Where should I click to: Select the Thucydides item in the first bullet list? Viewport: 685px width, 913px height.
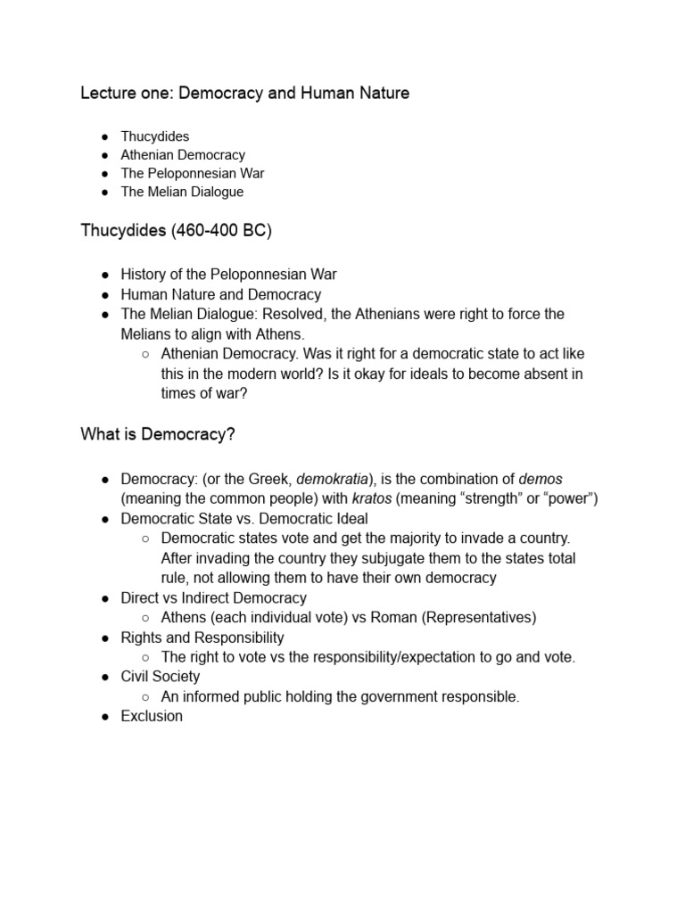pos(155,136)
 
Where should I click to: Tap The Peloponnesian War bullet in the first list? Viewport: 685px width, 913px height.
pos(193,173)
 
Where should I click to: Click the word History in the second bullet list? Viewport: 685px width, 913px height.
pos(145,275)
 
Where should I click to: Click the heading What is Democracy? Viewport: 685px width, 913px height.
pos(158,434)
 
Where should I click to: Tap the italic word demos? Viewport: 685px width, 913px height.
pos(541,479)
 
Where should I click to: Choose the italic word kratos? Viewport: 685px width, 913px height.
pos(372,498)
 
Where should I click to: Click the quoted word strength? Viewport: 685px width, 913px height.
pos(489,498)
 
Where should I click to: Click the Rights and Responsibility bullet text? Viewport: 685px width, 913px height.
pos(202,637)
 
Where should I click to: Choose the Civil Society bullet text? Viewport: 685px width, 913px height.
pos(161,677)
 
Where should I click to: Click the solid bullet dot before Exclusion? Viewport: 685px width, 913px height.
pos(104,717)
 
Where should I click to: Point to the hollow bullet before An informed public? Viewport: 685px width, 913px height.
pos(145,697)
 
